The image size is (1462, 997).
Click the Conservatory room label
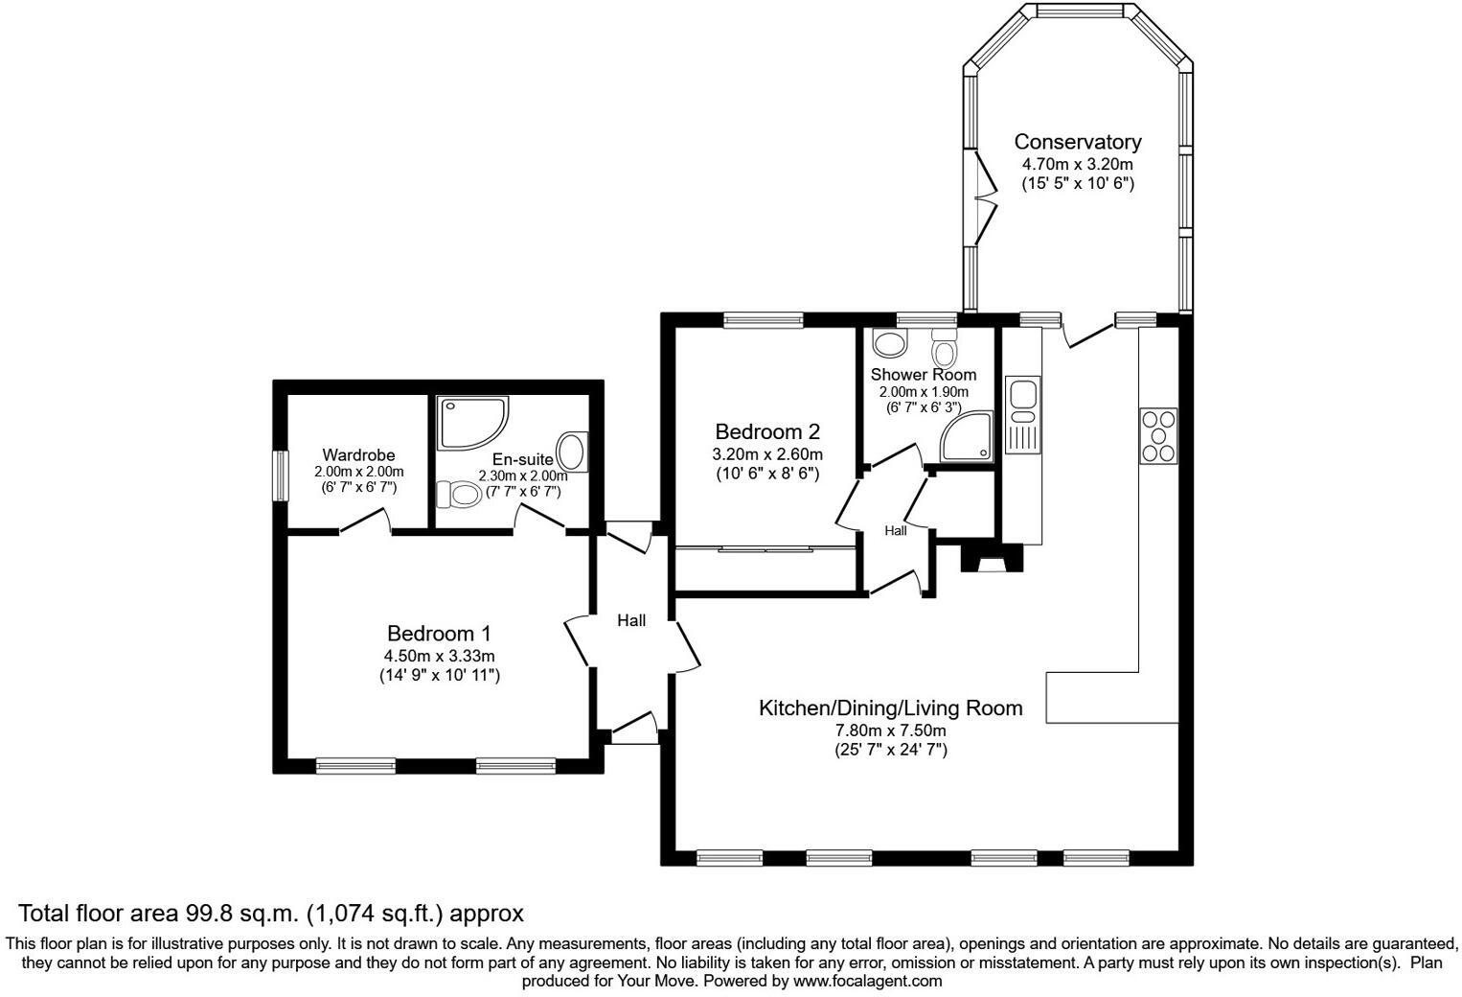1078,142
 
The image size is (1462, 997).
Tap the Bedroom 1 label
439,634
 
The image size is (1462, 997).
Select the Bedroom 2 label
767,431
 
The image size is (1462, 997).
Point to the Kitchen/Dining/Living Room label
890,707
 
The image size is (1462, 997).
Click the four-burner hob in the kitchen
1158,435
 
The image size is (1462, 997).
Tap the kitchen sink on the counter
1023,414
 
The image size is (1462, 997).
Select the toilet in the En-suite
459,495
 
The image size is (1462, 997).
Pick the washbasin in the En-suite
573,452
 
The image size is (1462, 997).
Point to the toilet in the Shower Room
944,349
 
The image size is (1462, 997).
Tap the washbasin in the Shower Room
890,343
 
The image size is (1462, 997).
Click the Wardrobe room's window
280,476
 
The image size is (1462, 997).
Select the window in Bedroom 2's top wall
763,319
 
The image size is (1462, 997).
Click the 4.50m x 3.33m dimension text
439,656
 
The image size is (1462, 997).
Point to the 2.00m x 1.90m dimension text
924,392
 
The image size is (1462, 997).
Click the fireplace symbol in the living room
993,558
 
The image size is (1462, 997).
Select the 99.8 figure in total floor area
211,913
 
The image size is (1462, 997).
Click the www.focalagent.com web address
867,981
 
